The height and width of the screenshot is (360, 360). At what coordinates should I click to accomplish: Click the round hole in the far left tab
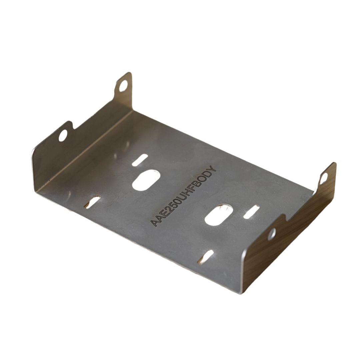123,86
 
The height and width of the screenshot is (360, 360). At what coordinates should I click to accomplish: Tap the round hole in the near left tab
63,135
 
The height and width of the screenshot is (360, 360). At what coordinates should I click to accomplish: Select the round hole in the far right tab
323,179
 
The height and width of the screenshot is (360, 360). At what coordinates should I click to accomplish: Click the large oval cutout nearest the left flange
146,180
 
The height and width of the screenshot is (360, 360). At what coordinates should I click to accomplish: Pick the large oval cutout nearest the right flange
219,215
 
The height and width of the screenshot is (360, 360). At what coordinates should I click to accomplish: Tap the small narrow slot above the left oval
140,160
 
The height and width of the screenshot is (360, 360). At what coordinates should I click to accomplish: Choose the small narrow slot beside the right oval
251,212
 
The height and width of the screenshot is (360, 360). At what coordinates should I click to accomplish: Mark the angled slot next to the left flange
92,202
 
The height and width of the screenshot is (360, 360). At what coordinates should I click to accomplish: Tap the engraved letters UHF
187,191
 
